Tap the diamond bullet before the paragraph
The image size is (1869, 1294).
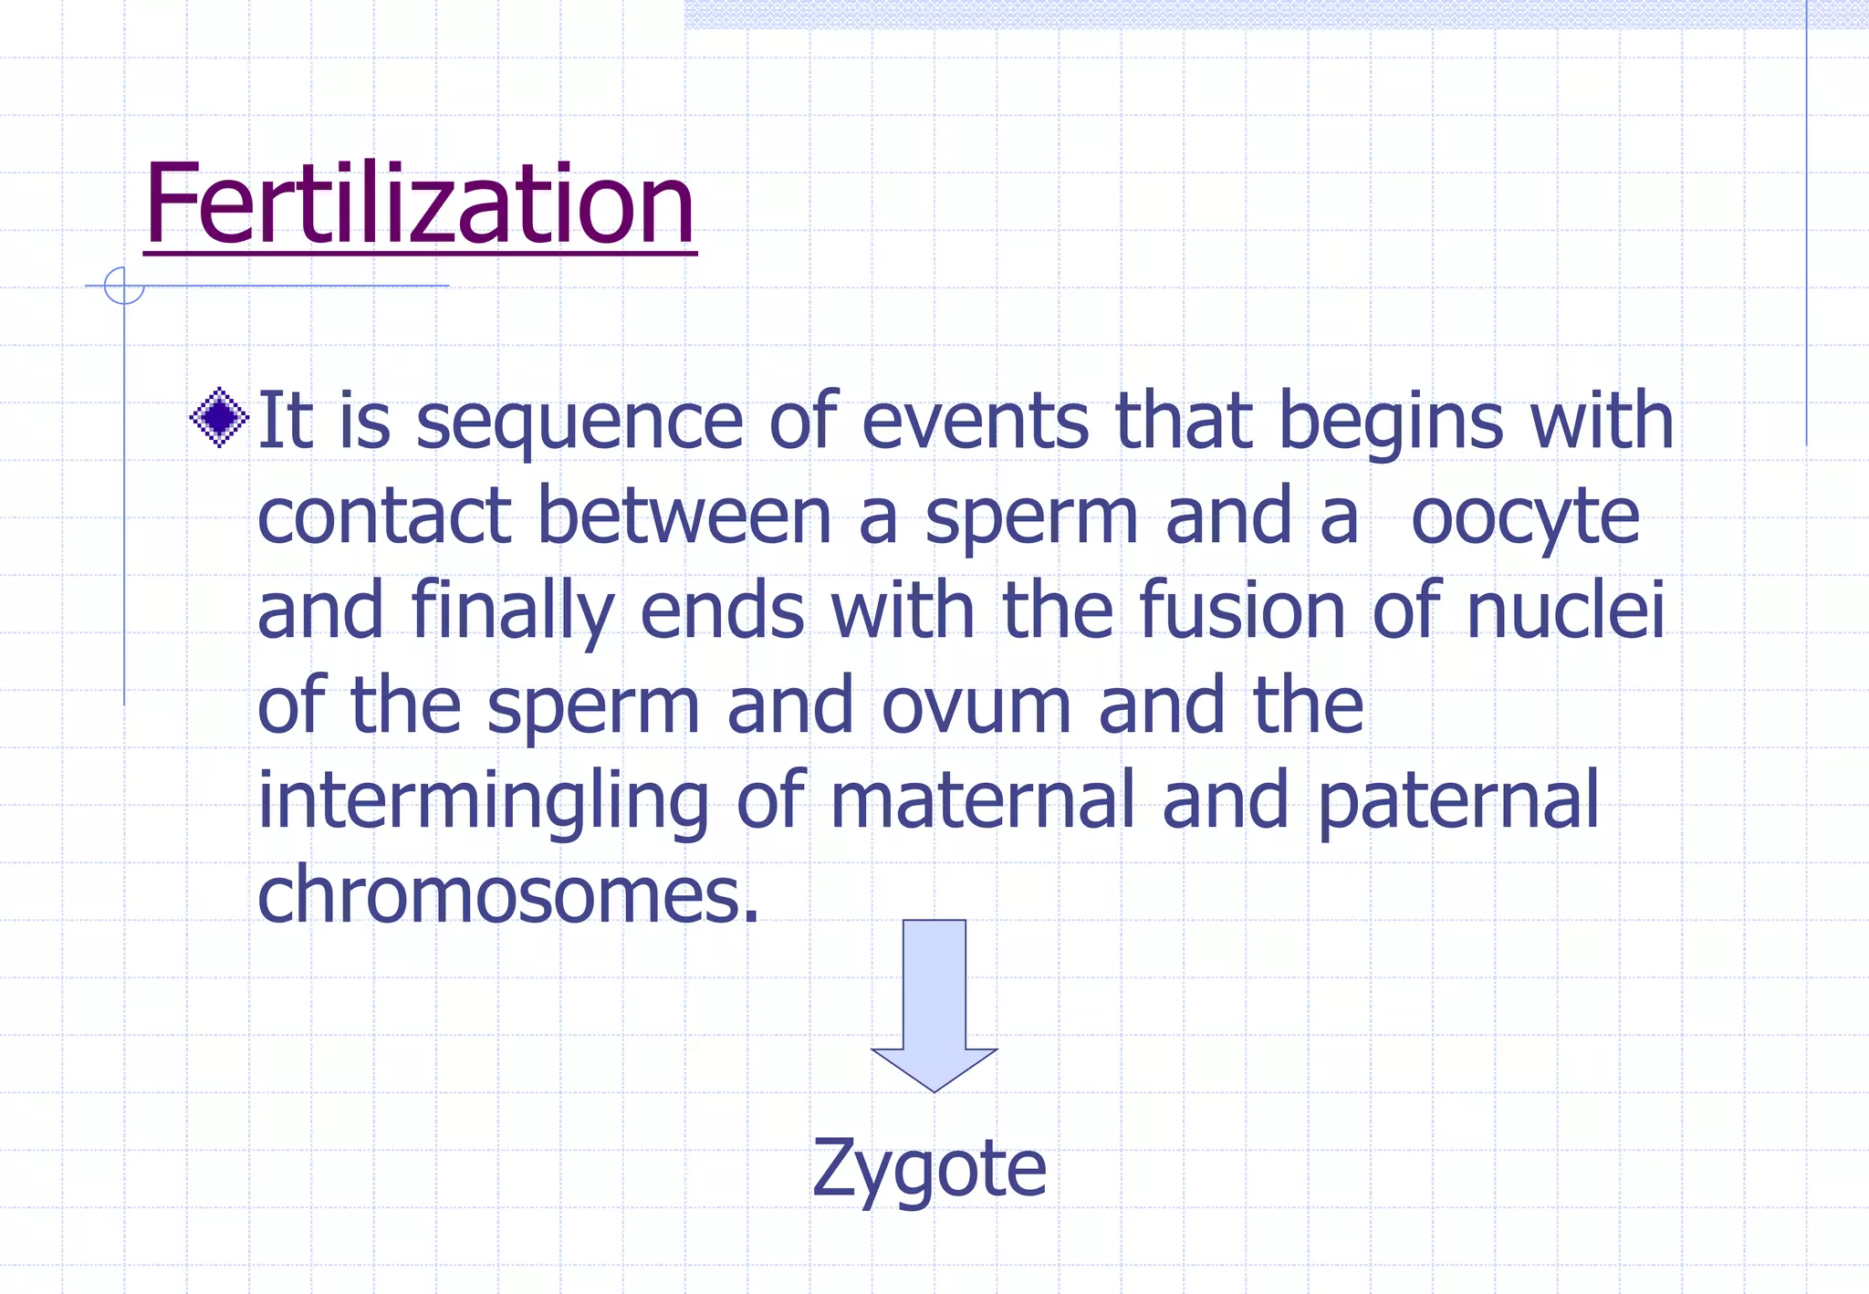pos(219,418)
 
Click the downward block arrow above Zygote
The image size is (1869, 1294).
pos(934,1004)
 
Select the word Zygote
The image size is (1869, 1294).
pos(929,1169)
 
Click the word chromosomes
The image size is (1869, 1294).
pos(507,894)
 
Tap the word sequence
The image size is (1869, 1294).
pos(579,422)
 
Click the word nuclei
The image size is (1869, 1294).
pos(1566,610)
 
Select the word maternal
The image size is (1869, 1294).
pos(984,799)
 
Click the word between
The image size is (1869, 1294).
pos(684,516)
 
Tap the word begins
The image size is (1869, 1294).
pos(1391,422)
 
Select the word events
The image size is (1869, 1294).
pos(976,422)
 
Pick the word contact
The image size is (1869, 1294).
pos(384,516)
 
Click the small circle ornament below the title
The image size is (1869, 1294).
pos(124,286)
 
